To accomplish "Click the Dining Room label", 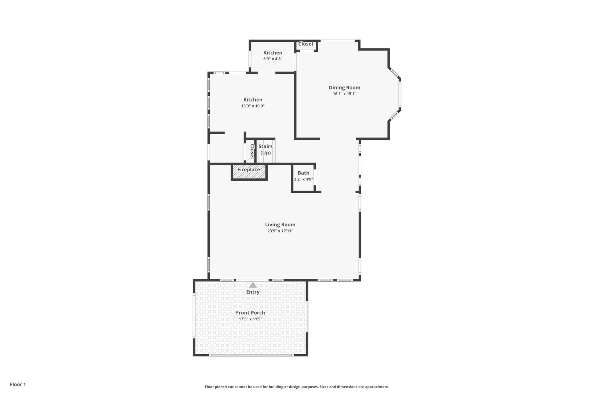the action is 344,88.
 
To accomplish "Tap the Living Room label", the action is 280,225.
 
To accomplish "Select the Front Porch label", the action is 250,313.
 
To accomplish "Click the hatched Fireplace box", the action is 249,172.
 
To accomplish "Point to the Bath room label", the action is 303,173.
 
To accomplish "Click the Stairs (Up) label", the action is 265,150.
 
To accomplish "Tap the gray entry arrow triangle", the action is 253,285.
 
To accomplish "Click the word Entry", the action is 253,292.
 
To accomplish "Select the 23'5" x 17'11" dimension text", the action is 280,231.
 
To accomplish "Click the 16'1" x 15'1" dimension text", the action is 344,93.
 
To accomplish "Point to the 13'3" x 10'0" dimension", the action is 253,106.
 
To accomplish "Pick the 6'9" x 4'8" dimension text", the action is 272,59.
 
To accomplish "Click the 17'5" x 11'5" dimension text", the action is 250,319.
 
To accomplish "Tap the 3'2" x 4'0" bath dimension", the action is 303,179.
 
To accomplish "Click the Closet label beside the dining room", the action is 306,44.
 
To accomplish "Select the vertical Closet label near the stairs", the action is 252,152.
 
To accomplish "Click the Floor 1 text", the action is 18,385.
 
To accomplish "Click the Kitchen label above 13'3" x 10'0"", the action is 253,100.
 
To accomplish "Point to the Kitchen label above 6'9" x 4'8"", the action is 272,53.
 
